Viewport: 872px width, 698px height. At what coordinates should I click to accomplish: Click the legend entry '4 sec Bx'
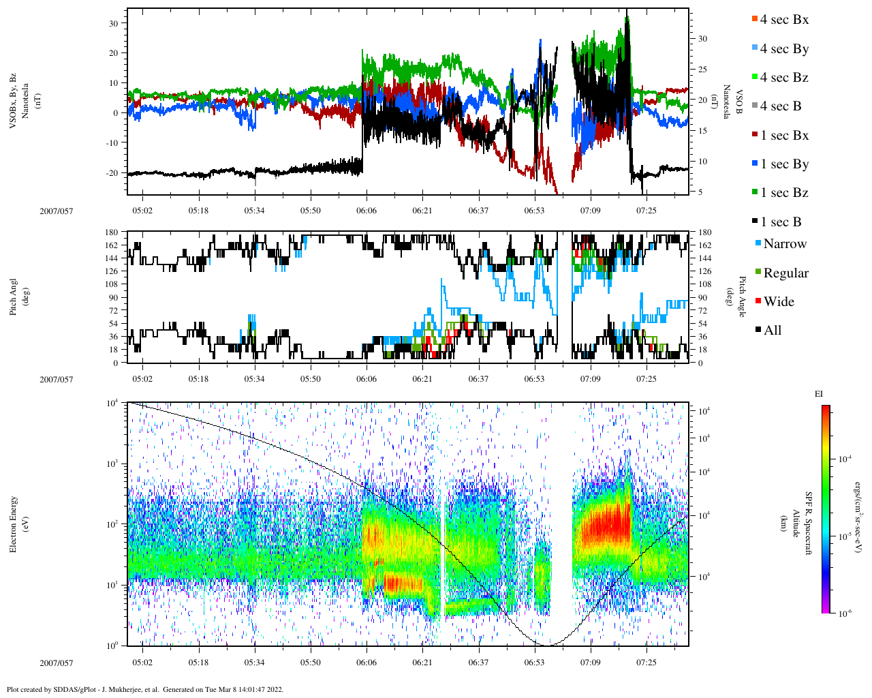783,20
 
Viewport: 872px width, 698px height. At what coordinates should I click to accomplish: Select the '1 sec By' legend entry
783,164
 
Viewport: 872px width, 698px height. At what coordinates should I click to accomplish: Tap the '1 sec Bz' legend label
783,193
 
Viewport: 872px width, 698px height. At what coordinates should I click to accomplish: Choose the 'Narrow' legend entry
784,244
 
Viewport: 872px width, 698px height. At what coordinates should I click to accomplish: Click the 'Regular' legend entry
785,273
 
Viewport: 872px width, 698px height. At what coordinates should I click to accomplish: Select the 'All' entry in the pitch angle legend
772,331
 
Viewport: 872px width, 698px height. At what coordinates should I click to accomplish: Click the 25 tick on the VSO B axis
702,70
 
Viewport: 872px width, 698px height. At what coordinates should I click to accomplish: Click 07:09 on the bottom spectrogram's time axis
590,663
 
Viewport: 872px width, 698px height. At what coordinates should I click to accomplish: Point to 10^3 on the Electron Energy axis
112,464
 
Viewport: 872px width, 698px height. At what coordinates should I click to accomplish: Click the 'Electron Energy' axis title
14,524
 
